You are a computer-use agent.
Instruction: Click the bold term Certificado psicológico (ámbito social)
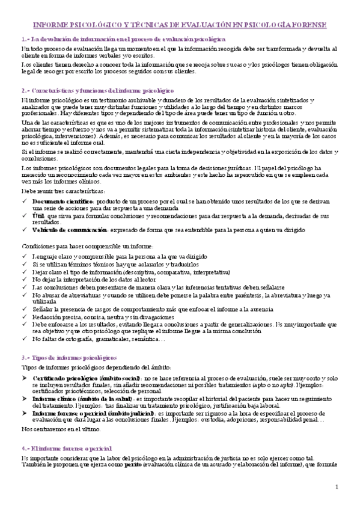point(75,376)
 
